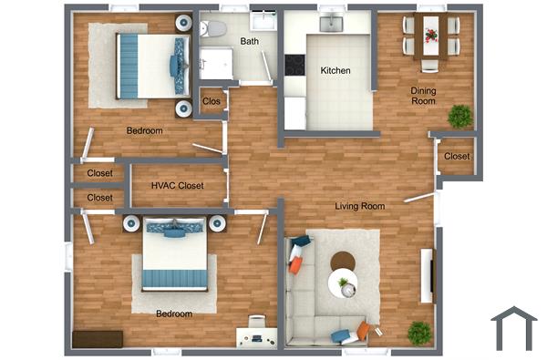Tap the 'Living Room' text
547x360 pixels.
359,206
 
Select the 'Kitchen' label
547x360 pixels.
335,71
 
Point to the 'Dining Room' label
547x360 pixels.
423,96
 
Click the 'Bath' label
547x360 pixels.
249,42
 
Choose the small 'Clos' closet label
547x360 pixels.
212,101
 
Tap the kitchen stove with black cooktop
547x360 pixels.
294,66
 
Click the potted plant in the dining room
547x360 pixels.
459,116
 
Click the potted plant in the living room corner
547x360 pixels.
419,332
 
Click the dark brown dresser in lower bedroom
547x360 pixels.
98,339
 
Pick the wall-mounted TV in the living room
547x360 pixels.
426,274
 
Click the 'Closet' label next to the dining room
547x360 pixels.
457,157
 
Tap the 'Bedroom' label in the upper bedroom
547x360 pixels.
144,131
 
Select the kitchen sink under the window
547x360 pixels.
329,23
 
